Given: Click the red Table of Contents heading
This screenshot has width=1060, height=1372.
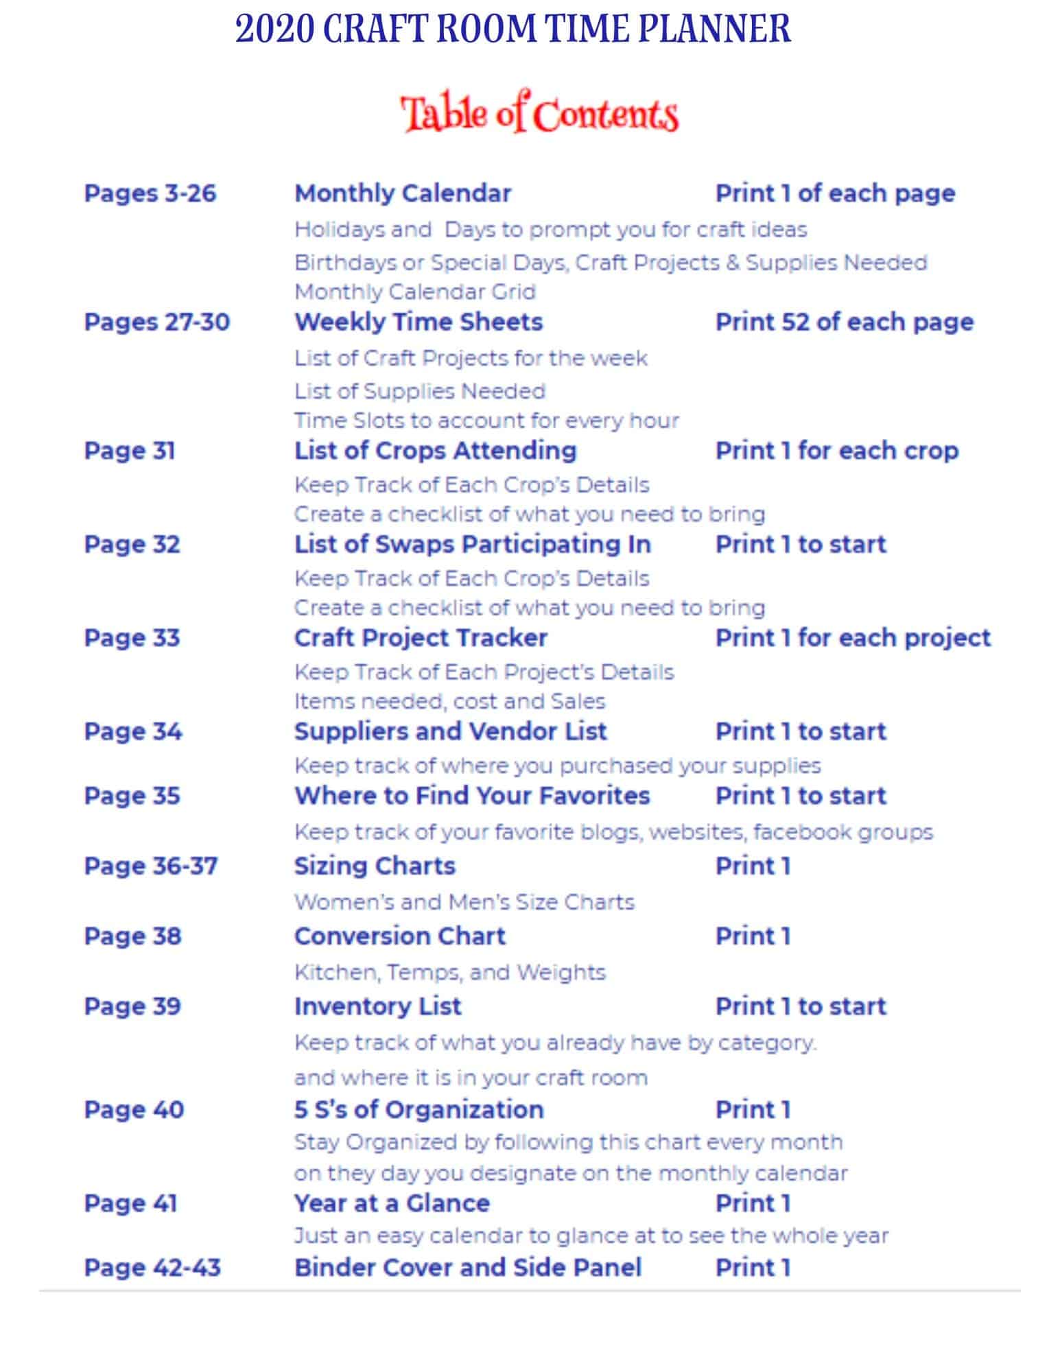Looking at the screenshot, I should (x=539, y=113).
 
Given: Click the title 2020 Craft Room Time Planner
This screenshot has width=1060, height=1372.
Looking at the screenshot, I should (x=513, y=29).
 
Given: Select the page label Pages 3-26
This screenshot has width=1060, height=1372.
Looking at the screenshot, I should (x=150, y=193).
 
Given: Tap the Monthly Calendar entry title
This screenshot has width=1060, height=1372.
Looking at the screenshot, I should (x=403, y=193).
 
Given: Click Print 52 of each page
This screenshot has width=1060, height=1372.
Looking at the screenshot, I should (x=844, y=322).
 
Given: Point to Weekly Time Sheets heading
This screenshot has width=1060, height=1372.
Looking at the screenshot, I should (x=419, y=322).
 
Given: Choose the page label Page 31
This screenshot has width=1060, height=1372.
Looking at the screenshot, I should (x=130, y=451).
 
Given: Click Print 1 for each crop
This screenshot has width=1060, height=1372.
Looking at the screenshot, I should (x=836, y=451).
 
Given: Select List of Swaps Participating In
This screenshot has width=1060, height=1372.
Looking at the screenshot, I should (x=472, y=544).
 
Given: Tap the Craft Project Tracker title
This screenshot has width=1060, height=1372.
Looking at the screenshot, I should (x=421, y=637).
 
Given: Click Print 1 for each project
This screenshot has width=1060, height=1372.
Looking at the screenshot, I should (x=853, y=637).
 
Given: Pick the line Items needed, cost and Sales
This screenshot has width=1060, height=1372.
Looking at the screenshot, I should (x=449, y=701).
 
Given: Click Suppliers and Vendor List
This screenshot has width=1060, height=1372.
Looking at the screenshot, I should (x=450, y=731).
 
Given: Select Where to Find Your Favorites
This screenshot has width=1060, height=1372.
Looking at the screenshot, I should (x=471, y=796).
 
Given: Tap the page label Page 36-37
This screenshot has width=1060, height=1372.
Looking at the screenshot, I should (x=150, y=866).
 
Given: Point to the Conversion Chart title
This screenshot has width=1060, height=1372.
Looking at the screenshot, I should (x=399, y=936).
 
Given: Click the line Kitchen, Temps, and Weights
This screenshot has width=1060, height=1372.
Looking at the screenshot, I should (x=449, y=972).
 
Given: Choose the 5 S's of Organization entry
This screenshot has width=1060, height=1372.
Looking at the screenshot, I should (x=419, y=1109).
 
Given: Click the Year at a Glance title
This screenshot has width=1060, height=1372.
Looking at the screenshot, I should (x=392, y=1203).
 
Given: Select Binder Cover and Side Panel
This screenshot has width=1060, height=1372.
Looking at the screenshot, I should (x=468, y=1267).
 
